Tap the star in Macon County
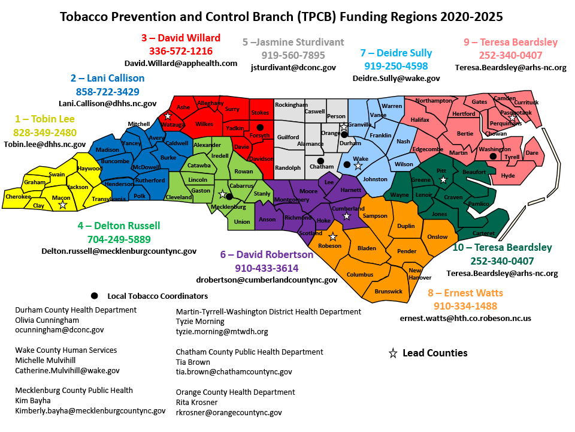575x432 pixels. point(62,205)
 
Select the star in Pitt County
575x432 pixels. point(443,179)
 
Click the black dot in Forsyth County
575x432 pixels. point(260,128)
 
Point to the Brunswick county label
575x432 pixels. point(388,291)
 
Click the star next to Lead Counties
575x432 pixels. point(393,353)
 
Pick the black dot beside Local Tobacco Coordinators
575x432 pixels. point(94,296)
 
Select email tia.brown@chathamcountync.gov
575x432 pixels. point(234,372)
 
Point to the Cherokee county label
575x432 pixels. point(18,196)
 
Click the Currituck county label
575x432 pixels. point(526,103)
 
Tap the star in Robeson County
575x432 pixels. point(333,237)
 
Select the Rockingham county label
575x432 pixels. point(291,105)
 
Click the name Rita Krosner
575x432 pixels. point(197,402)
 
